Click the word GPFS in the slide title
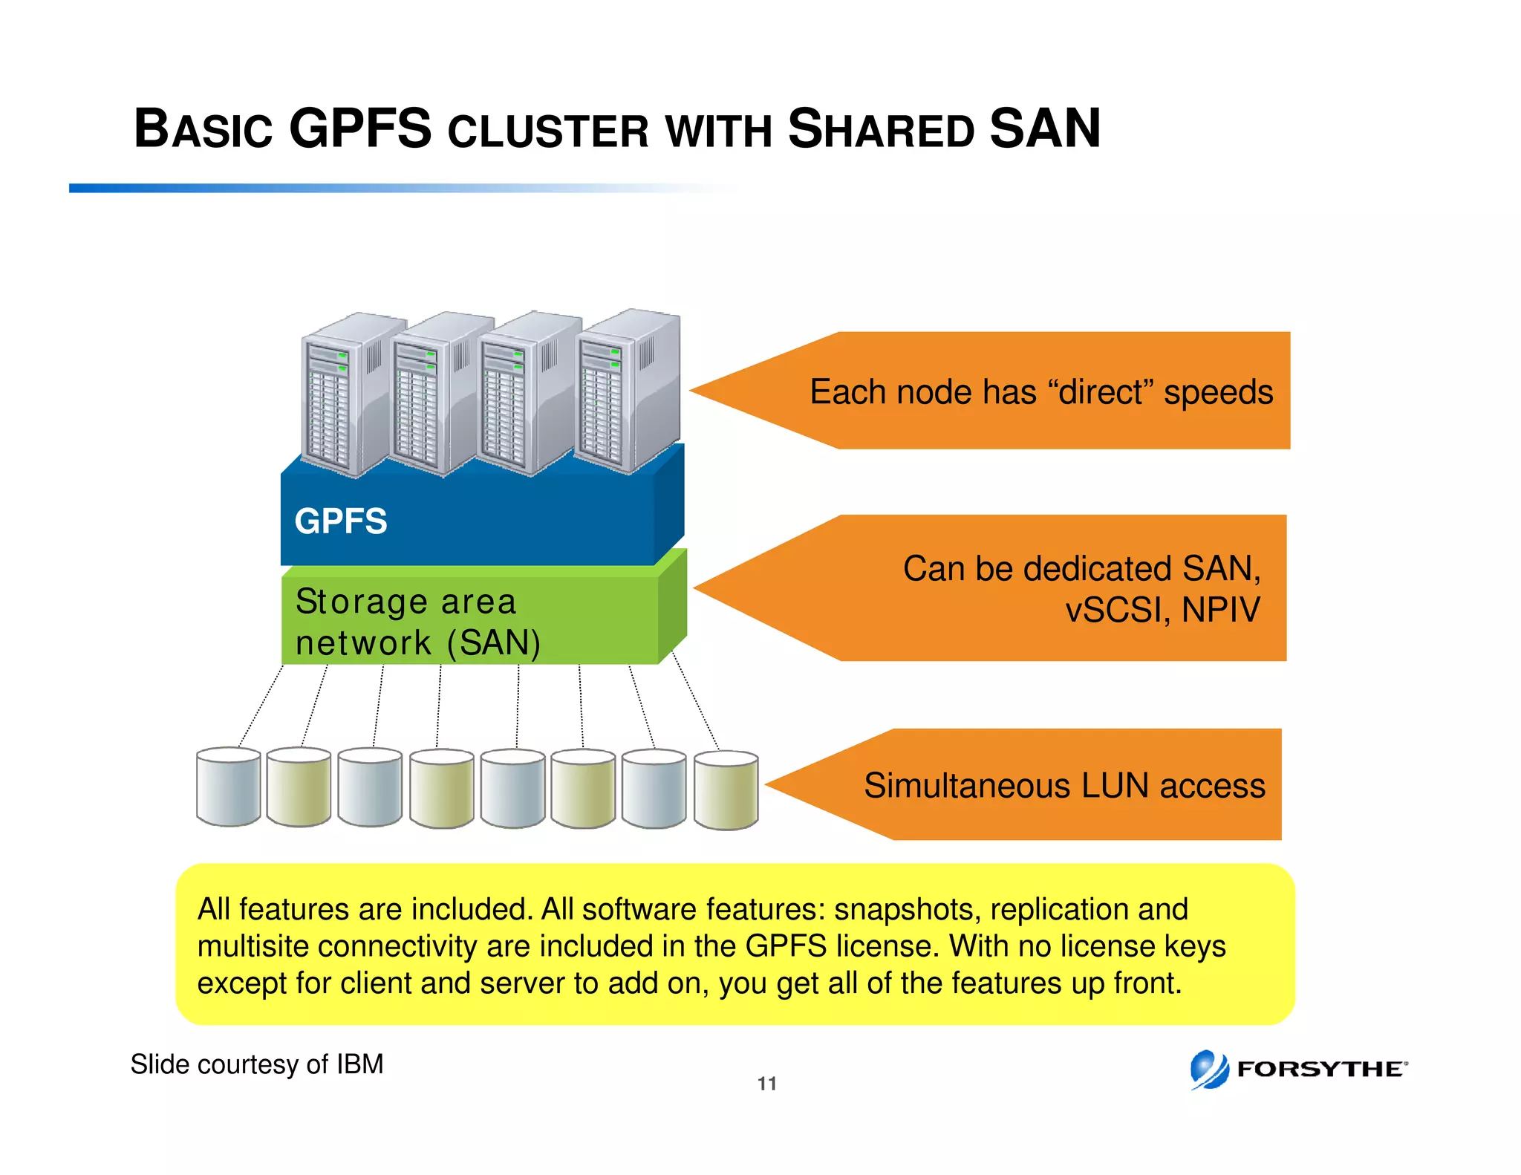pyautogui.click(x=359, y=129)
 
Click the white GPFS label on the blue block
pyautogui.click(x=341, y=521)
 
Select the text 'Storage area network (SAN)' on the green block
pyautogui.click(x=417, y=622)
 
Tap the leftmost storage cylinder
pyautogui.click(x=228, y=787)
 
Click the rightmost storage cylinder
pyautogui.click(x=726, y=790)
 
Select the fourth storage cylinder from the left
pyautogui.click(x=441, y=789)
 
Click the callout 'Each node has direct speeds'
pyautogui.click(x=1040, y=392)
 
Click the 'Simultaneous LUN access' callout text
pyautogui.click(x=1064, y=786)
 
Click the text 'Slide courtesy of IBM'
pyautogui.click(x=257, y=1064)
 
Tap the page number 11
pyautogui.click(x=766, y=1084)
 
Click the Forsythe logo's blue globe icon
pyautogui.click(x=1209, y=1070)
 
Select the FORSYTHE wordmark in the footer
pyautogui.click(x=1320, y=1070)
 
